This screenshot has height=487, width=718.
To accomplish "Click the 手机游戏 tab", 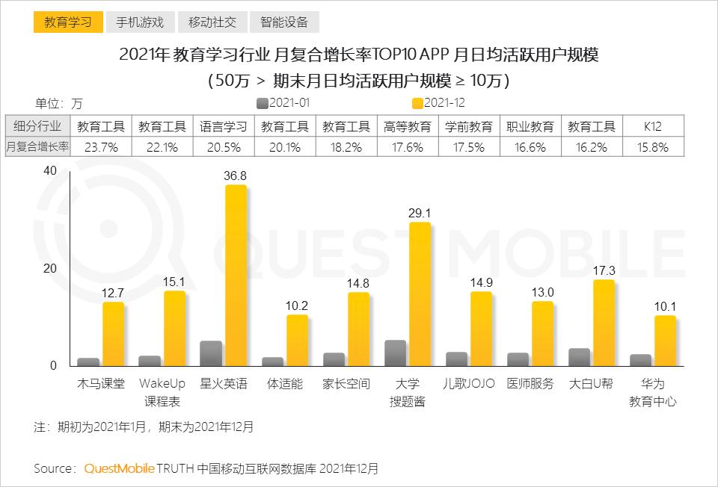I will pyautogui.click(x=140, y=22).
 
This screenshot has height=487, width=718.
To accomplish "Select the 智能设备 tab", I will pyautogui.click(x=284, y=22).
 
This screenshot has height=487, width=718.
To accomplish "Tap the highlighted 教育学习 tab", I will pyautogui.click(x=68, y=22).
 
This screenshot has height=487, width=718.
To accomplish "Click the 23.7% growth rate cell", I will pyautogui.click(x=101, y=147).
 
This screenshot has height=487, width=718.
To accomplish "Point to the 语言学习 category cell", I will pyautogui.click(x=224, y=126).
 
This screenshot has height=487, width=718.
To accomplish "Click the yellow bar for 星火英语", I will pyautogui.click(x=236, y=276).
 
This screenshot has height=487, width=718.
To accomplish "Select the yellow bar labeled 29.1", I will pyautogui.click(x=420, y=295).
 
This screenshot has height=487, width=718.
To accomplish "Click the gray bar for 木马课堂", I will pyautogui.click(x=88, y=362).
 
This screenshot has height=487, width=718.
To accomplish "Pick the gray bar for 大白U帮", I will pyautogui.click(x=579, y=357).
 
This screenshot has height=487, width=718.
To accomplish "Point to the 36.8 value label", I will pyautogui.click(x=236, y=176).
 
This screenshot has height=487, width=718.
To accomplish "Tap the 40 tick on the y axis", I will pyautogui.click(x=50, y=170).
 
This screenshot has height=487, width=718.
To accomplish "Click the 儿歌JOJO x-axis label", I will pyautogui.click(x=469, y=384).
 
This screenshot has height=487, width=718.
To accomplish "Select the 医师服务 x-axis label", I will pyautogui.click(x=530, y=384).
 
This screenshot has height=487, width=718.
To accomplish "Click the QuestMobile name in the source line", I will pyautogui.click(x=119, y=468).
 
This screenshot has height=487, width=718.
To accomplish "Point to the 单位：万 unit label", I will pyautogui.click(x=58, y=103).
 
